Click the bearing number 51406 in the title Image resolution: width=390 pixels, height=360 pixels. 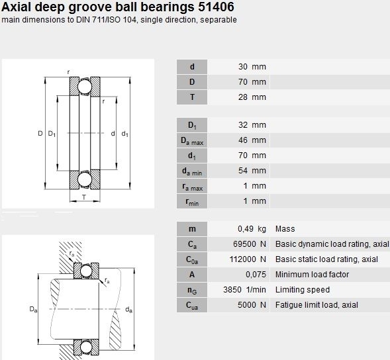click(x=216, y=7)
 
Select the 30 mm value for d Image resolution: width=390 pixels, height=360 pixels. click(x=252, y=67)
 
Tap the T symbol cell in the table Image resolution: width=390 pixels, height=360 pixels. click(x=192, y=97)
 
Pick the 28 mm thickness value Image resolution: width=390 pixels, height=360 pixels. click(x=252, y=97)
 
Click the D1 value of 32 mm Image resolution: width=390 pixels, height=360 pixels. click(x=252, y=125)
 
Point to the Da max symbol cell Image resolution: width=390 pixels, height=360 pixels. click(x=192, y=140)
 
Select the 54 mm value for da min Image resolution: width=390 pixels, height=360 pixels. click(x=252, y=171)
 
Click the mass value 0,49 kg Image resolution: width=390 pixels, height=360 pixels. click(x=252, y=229)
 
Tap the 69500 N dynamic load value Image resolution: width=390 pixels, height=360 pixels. click(x=250, y=244)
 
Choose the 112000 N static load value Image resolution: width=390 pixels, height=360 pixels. click(x=248, y=259)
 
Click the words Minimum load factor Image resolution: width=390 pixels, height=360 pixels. click(x=312, y=275)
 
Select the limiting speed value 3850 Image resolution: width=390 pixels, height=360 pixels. click(x=232, y=290)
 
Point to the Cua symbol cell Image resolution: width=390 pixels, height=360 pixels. click(x=192, y=305)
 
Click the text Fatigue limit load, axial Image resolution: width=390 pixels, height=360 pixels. click(x=317, y=305)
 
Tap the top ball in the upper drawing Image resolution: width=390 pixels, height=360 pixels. click(x=85, y=87)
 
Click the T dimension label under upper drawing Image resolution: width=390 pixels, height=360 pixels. click(x=84, y=197)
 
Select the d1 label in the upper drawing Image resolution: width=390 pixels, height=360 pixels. click(x=125, y=134)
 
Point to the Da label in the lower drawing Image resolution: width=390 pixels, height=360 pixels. click(x=33, y=309)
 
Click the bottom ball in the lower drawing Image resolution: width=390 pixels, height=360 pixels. click(x=86, y=347)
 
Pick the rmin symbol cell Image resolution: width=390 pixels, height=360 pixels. click(x=192, y=201)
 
